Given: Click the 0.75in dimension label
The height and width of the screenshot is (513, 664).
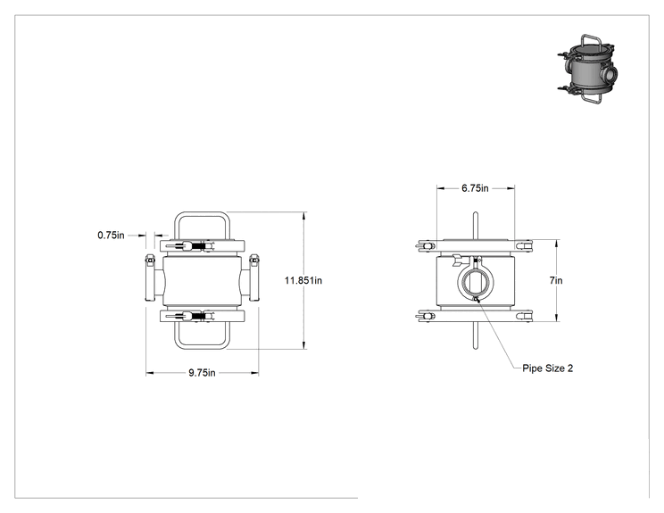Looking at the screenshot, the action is click(x=111, y=235).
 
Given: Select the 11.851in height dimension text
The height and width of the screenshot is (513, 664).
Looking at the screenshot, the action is click(x=303, y=280).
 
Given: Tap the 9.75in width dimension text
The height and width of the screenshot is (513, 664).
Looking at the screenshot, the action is click(x=202, y=373).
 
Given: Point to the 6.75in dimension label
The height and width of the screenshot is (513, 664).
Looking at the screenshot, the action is click(x=475, y=188).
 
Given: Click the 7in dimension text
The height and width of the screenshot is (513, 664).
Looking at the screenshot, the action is click(x=556, y=280).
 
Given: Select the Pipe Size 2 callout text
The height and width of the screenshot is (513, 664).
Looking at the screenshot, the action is click(x=548, y=368).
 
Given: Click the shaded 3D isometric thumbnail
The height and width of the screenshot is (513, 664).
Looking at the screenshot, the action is click(x=587, y=69).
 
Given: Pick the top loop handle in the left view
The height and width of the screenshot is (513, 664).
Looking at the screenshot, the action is click(x=202, y=214).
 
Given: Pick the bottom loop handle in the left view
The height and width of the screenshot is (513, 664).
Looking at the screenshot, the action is click(x=202, y=348).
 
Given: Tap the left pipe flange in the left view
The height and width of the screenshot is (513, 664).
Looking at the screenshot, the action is click(x=150, y=278).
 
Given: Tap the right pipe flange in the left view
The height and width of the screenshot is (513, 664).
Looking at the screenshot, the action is click(x=253, y=278).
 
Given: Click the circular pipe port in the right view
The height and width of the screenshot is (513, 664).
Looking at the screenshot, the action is click(x=476, y=280).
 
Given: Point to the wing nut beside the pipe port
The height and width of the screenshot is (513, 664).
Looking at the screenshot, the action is click(x=458, y=260).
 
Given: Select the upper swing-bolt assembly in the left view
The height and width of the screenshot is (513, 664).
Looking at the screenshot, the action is click(x=191, y=246).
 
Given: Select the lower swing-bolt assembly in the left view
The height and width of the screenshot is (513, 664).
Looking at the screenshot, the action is click(x=191, y=316).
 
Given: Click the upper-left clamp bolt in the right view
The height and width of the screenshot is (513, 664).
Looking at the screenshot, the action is click(x=426, y=245).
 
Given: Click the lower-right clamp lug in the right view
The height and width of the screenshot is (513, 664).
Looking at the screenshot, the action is click(x=524, y=316).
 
